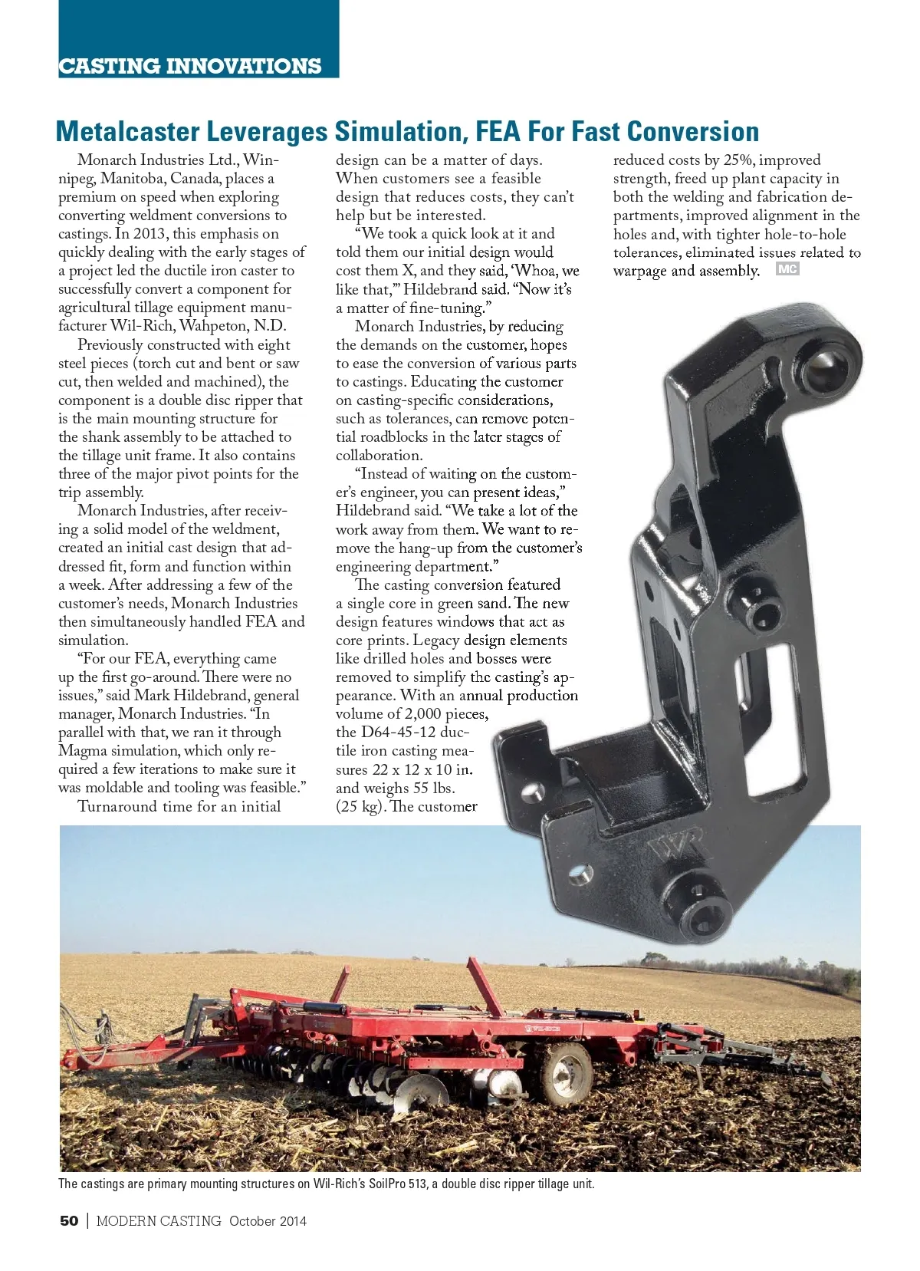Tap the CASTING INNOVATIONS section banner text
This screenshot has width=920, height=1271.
[189, 66]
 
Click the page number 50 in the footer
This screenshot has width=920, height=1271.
[69, 1220]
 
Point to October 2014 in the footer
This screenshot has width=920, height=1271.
[268, 1220]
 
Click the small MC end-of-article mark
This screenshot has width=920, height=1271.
[787, 269]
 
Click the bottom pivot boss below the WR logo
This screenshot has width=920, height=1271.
[704, 910]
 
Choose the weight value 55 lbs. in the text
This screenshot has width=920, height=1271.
[432, 788]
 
